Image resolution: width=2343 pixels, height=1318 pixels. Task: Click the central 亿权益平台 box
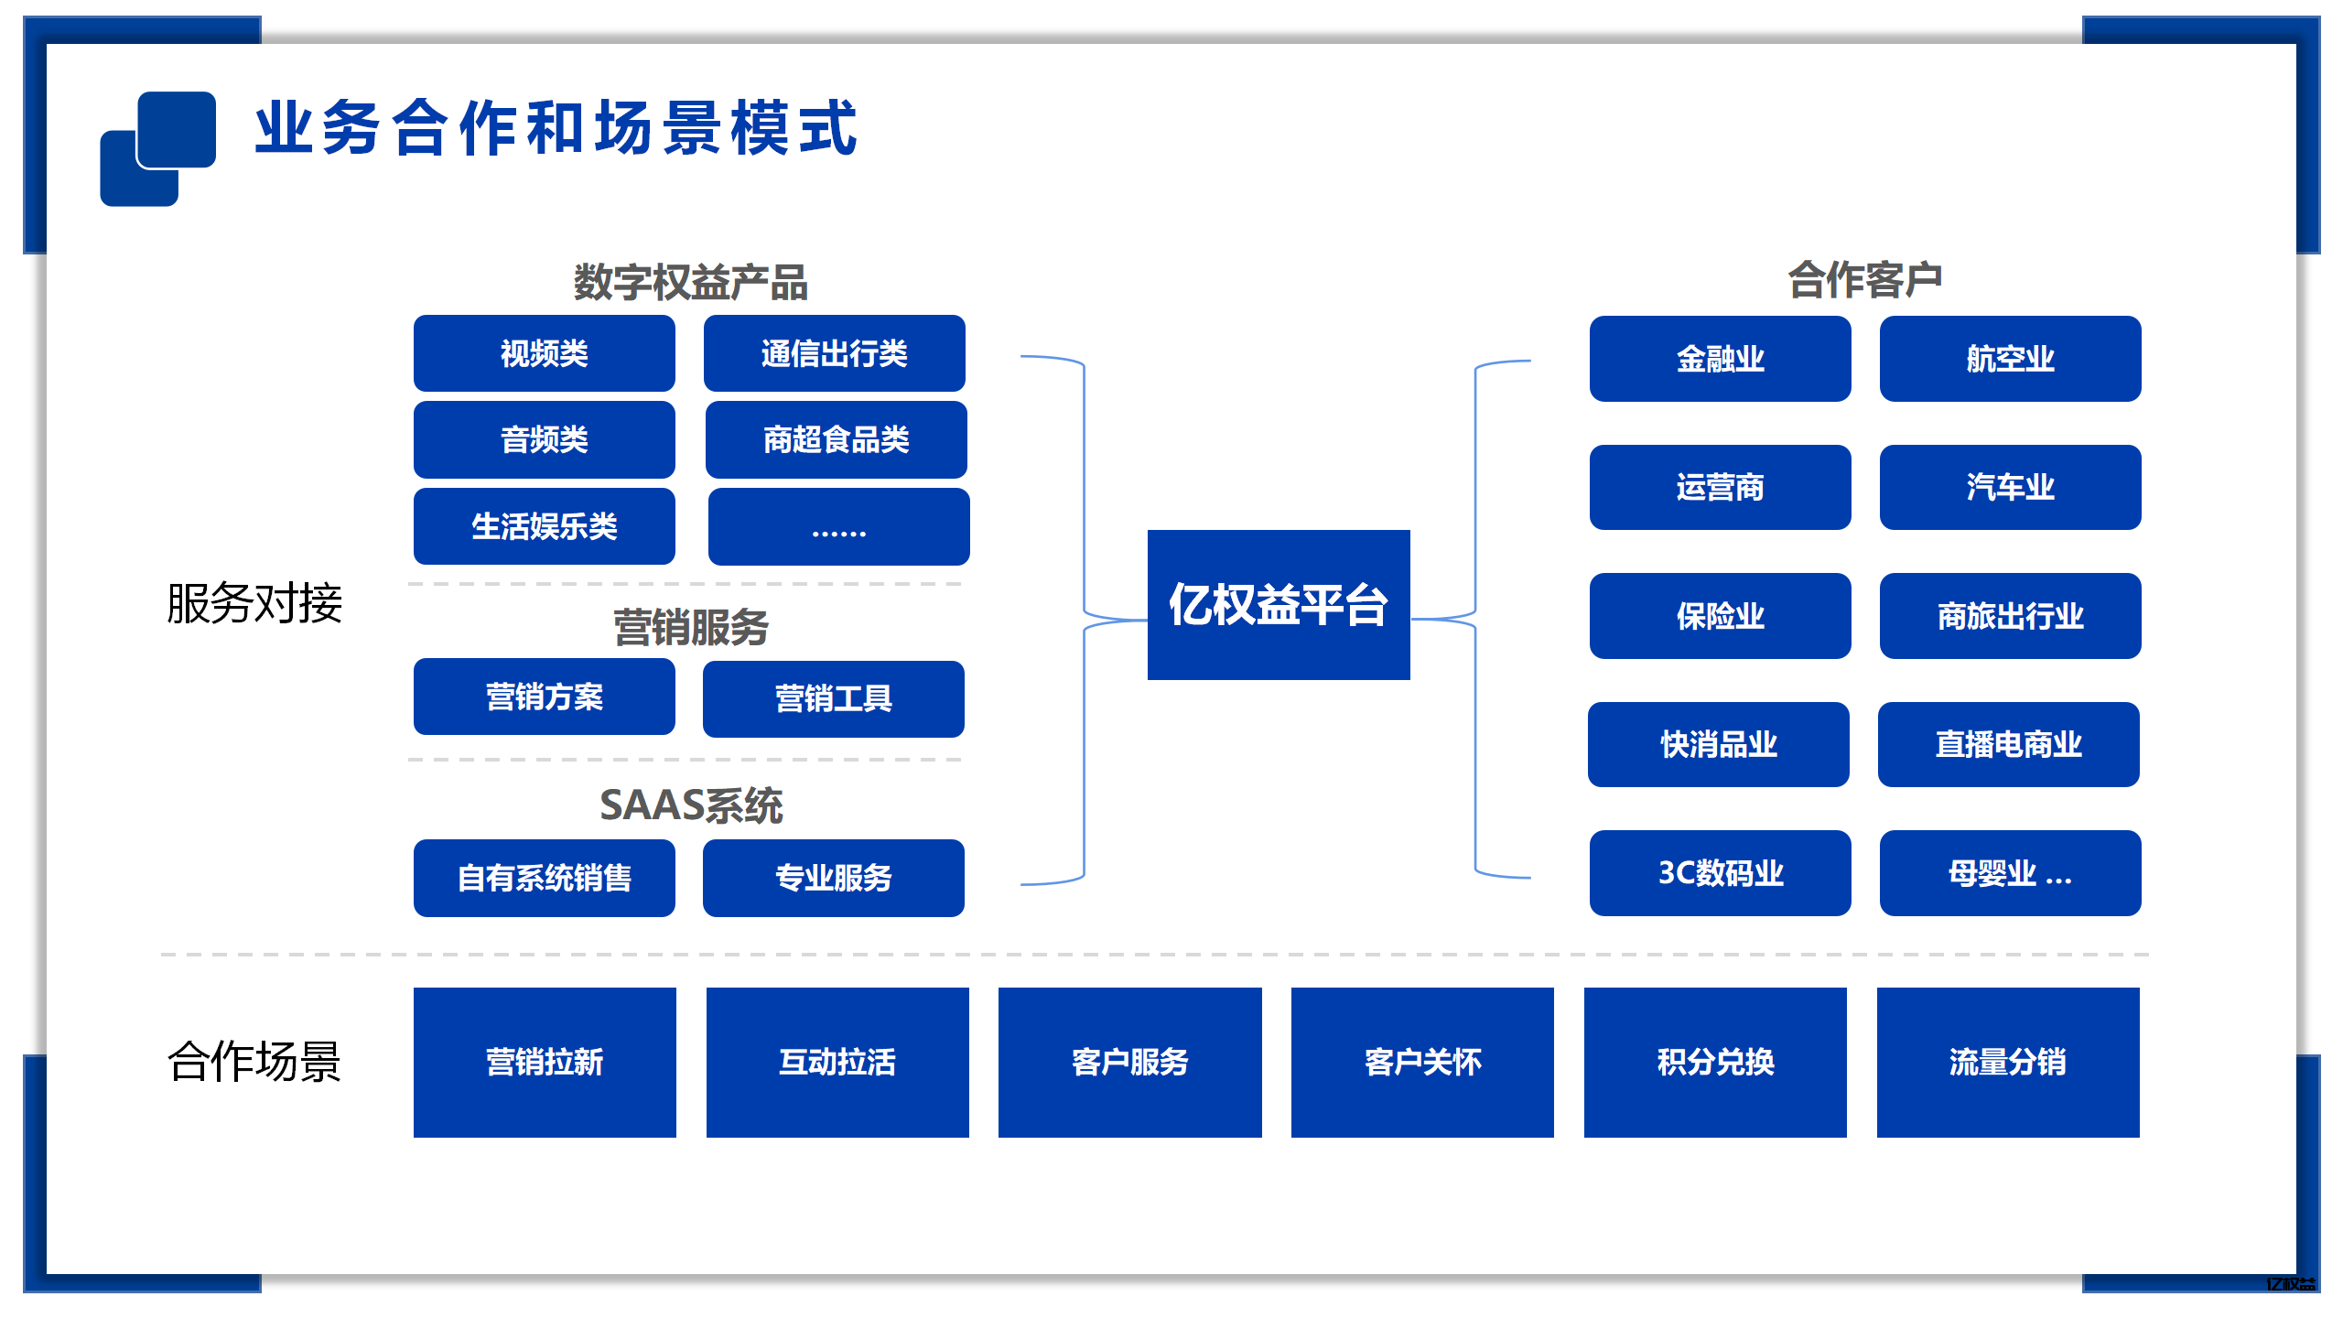coord(1278,604)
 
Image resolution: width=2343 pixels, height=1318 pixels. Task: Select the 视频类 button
coord(544,353)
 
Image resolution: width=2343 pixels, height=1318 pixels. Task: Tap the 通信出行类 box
coord(834,353)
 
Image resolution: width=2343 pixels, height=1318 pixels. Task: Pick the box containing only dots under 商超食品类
coord(838,527)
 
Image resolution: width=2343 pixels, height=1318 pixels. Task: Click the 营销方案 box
coord(544,697)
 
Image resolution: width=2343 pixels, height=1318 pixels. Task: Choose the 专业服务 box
coord(833,878)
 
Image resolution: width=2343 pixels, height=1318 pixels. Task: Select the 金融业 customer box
coord(1720,359)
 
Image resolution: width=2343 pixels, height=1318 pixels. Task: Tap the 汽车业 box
coord(2010,487)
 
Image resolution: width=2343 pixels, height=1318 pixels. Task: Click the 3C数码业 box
coord(1720,873)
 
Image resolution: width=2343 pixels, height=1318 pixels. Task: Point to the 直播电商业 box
coord(2008,744)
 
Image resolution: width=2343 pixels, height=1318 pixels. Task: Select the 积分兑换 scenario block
coord(1714,1062)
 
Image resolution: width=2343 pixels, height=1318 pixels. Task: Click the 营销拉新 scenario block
coord(544,1062)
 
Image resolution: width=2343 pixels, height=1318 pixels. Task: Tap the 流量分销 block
coord(2007,1062)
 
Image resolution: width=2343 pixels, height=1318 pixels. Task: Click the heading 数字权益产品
coord(690,282)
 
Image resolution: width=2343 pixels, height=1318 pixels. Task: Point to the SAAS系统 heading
coord(690,805)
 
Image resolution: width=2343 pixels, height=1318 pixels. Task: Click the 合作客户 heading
coord(1864,279)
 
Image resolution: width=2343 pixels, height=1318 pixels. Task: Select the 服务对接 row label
coord(254,604)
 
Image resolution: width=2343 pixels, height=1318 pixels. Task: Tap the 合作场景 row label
coord(254,1062)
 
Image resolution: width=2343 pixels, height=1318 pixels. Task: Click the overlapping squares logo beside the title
coord(157,148)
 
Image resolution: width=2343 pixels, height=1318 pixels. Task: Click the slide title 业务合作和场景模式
coord(556,128)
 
